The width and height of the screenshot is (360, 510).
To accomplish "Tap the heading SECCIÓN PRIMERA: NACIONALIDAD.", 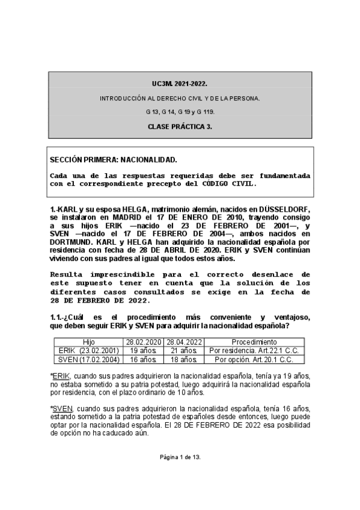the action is pos(114,161).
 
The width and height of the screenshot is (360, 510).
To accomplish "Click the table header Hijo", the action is pos(88,342).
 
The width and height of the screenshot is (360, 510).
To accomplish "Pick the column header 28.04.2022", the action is pos(183,342).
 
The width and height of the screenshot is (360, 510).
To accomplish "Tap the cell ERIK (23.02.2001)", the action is pos(88,351).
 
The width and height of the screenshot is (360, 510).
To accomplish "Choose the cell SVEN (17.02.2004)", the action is pos(88,360).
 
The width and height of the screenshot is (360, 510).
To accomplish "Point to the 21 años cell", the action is pos(183,351).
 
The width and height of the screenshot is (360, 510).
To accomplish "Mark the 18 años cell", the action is pos(183,360).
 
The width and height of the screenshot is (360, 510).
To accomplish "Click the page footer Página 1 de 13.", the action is pos(180,457).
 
